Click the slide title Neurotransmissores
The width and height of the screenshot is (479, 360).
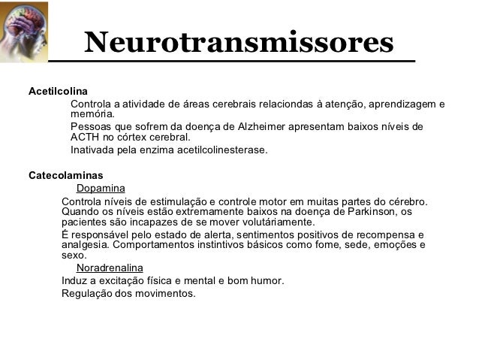click(239, 42)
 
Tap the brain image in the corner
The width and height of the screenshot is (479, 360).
click(23, 31)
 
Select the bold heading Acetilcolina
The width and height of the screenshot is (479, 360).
click(58, 92)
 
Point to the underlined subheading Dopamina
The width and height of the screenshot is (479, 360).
click(101, 189)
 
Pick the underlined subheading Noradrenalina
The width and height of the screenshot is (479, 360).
click(110, 268)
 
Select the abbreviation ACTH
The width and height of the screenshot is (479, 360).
click(85, 138)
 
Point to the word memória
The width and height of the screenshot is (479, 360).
click(93, 114)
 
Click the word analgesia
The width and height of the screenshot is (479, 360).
click(84, 245)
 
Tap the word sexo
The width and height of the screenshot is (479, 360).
click(74, 256)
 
